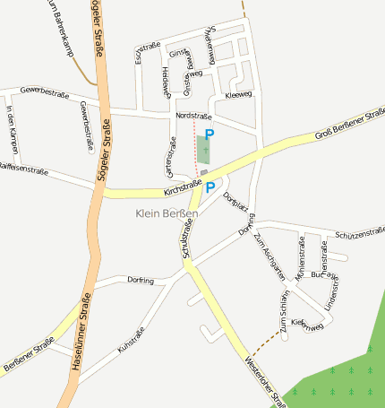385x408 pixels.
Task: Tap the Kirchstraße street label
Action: [184, 188]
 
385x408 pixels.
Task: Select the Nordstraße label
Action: [193, 117]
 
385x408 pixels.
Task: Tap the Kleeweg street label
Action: [239, 94]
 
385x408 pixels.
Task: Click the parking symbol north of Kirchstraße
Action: [210, 134]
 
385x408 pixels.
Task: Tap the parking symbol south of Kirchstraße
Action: [210, 187]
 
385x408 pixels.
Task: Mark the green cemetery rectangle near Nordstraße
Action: [202, 149]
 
